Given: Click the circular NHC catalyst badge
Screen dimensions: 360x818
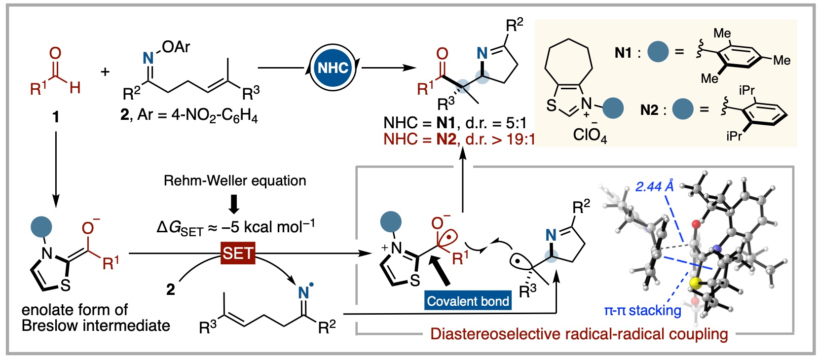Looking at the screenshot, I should point(333,68).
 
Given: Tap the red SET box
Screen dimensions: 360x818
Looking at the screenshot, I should point(238,253).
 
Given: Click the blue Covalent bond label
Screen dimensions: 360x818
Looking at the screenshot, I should point(468,301).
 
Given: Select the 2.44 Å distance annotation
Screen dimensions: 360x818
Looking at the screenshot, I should point(654,186).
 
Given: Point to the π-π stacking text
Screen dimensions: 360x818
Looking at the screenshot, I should point(642,310).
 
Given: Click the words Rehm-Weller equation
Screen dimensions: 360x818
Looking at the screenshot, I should point(235,180).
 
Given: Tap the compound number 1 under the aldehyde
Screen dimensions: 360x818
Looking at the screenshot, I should point(56,117).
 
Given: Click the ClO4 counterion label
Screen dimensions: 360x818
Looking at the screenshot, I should point(590,134).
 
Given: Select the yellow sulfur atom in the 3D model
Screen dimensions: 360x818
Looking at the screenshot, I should point(695,283).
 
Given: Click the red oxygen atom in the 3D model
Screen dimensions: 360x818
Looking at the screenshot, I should point(696,224).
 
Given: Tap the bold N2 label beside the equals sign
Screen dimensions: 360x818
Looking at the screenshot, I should point(649,109).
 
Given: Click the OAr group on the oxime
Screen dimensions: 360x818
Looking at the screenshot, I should point(176,47).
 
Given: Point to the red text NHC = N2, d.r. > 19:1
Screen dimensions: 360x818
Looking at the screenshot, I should point(459,140).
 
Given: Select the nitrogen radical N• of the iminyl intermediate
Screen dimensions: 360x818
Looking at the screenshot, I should point(304,292).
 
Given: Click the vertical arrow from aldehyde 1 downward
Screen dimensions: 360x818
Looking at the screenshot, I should point(56,168).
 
